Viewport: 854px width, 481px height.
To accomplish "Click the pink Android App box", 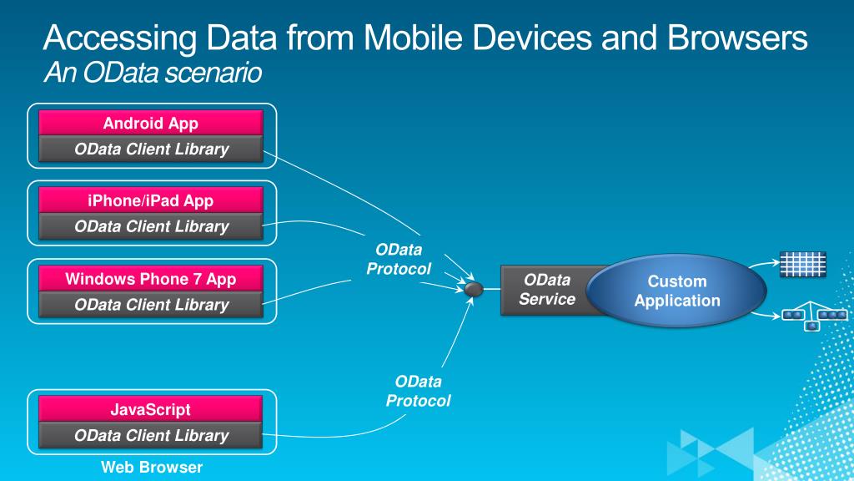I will coord(151,124).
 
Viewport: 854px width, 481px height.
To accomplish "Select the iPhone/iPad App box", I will coord(151,200).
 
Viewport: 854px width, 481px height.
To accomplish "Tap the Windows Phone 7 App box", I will coord(151,279).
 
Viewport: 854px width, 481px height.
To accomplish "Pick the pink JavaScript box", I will coord(151,409).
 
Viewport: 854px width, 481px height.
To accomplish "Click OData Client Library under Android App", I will coord(151,149).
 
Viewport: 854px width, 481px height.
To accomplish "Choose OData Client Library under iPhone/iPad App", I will coord(151,226).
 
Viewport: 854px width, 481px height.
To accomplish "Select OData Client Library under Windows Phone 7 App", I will coord(151,305).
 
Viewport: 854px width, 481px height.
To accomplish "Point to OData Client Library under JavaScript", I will coord(151,435).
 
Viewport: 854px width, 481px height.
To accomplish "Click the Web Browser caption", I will coord(151,467).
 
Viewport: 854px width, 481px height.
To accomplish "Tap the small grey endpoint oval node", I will coord(473,289).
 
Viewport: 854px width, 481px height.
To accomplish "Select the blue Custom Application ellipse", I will coord(676,291).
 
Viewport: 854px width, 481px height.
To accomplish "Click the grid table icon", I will coord(802,264).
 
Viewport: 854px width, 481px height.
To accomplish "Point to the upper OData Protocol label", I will coord(399,259).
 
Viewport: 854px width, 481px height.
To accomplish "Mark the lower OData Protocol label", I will coord(418,391).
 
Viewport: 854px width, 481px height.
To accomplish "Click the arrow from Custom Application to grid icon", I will coord(761,266).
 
